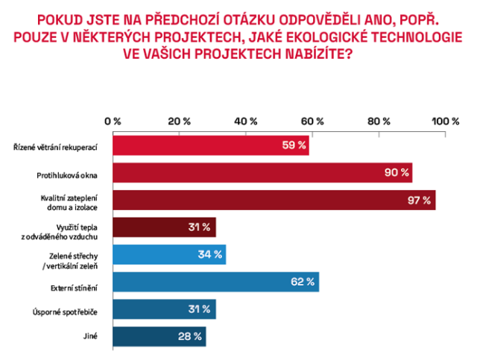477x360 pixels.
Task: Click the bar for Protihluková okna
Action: (262, 172)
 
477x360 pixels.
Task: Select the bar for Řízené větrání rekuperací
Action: (211, 145)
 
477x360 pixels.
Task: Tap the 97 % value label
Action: (419, 200)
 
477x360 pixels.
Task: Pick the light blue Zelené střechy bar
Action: (169, 254)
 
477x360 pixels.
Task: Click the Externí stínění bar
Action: (216, 282)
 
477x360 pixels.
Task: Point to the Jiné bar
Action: (159, 337)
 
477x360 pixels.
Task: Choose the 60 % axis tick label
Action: (312, 121)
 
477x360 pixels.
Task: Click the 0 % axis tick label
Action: (113, 121)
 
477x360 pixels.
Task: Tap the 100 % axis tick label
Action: (446, 121)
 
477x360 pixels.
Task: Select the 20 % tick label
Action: (179, 121)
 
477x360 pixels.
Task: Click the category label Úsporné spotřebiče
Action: (65, 312)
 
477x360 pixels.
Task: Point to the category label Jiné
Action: (90, 336)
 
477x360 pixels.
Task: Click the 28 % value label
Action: (190, 336)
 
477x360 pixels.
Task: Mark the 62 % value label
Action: (303, 282)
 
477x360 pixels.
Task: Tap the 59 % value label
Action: (294, 145)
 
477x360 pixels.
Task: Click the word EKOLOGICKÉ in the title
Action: (326, 37)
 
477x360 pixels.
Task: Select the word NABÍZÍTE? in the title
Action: (319, 54)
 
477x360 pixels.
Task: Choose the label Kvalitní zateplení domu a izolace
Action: (69, 203)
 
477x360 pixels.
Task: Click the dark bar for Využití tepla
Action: (164, 227)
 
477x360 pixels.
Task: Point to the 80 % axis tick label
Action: (379, 121)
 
